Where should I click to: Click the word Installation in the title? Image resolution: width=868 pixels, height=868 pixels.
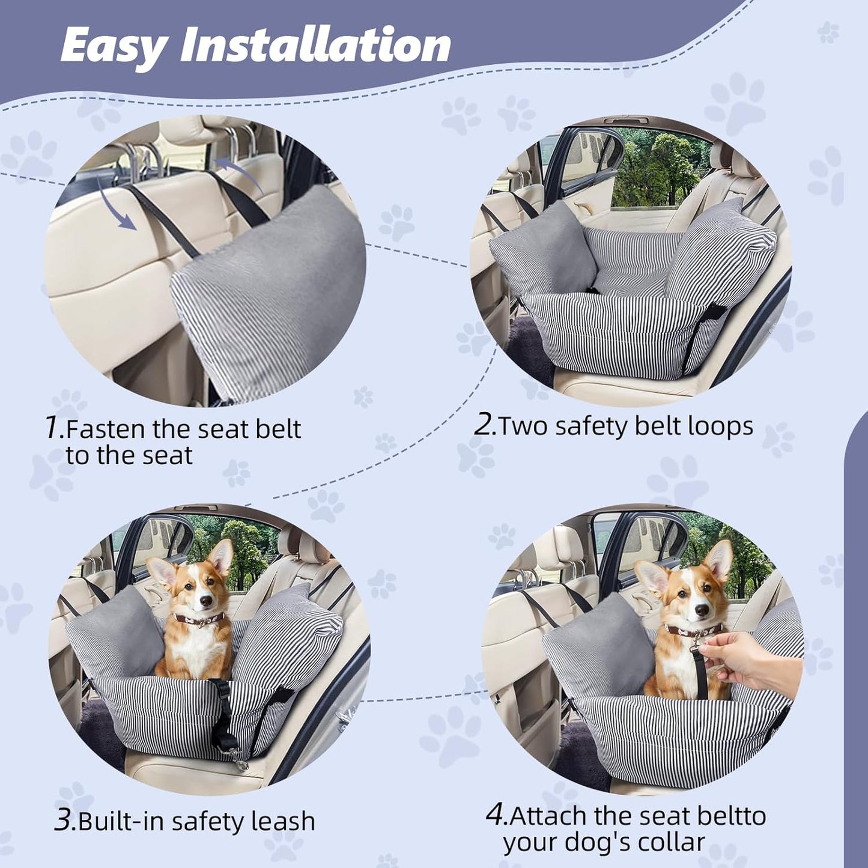(316, 45)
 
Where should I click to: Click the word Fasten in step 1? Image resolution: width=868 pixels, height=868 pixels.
(105, 429)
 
